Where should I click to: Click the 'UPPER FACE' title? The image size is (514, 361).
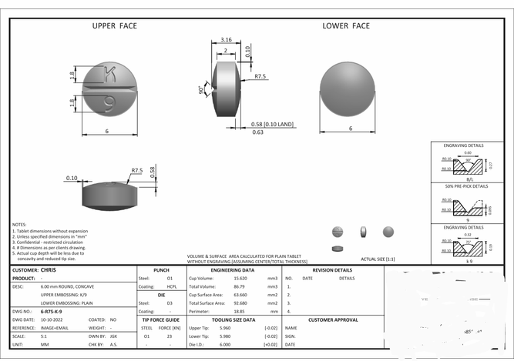coord(115,25)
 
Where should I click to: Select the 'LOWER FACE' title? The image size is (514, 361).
coord(345,25)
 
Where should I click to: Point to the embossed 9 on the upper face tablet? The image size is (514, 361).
coord(109,100)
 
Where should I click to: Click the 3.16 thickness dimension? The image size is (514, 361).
coord(227,39)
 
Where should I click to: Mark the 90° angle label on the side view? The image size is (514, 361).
coord(202,89)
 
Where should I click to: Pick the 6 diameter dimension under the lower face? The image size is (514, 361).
coord(350,129)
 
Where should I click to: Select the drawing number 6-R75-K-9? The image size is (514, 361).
coord(54,311)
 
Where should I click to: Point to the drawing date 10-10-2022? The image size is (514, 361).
coord(55,319)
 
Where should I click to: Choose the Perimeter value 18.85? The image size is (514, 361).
coord(240,311)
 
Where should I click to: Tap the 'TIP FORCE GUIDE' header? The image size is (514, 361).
coord(161,319)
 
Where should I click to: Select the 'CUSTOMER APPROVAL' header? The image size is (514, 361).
coord(333,319)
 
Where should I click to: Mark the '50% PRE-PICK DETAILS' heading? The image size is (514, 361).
coord(465,186)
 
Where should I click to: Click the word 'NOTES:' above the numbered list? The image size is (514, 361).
coord(20,224)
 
